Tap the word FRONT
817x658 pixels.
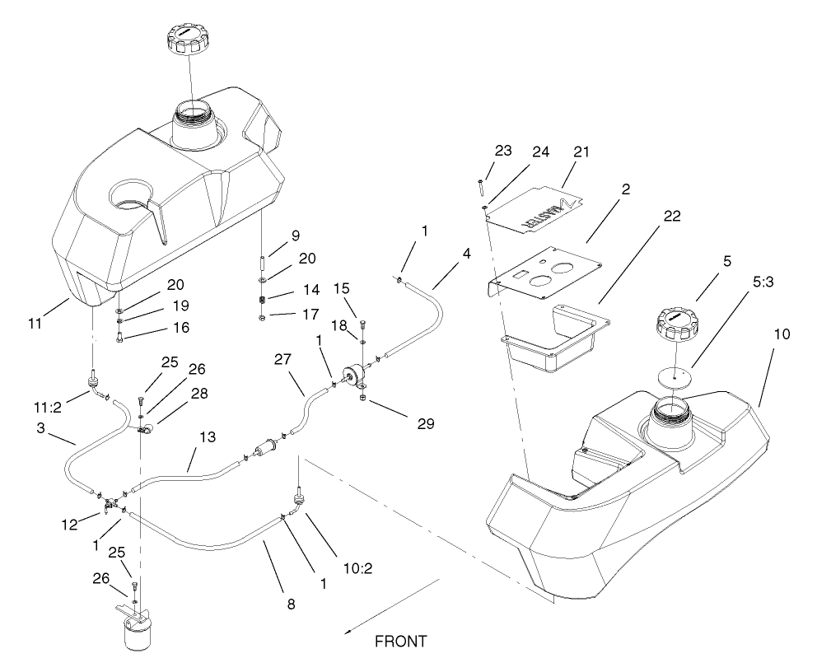point(401,640)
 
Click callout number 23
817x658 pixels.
point(502,151)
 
